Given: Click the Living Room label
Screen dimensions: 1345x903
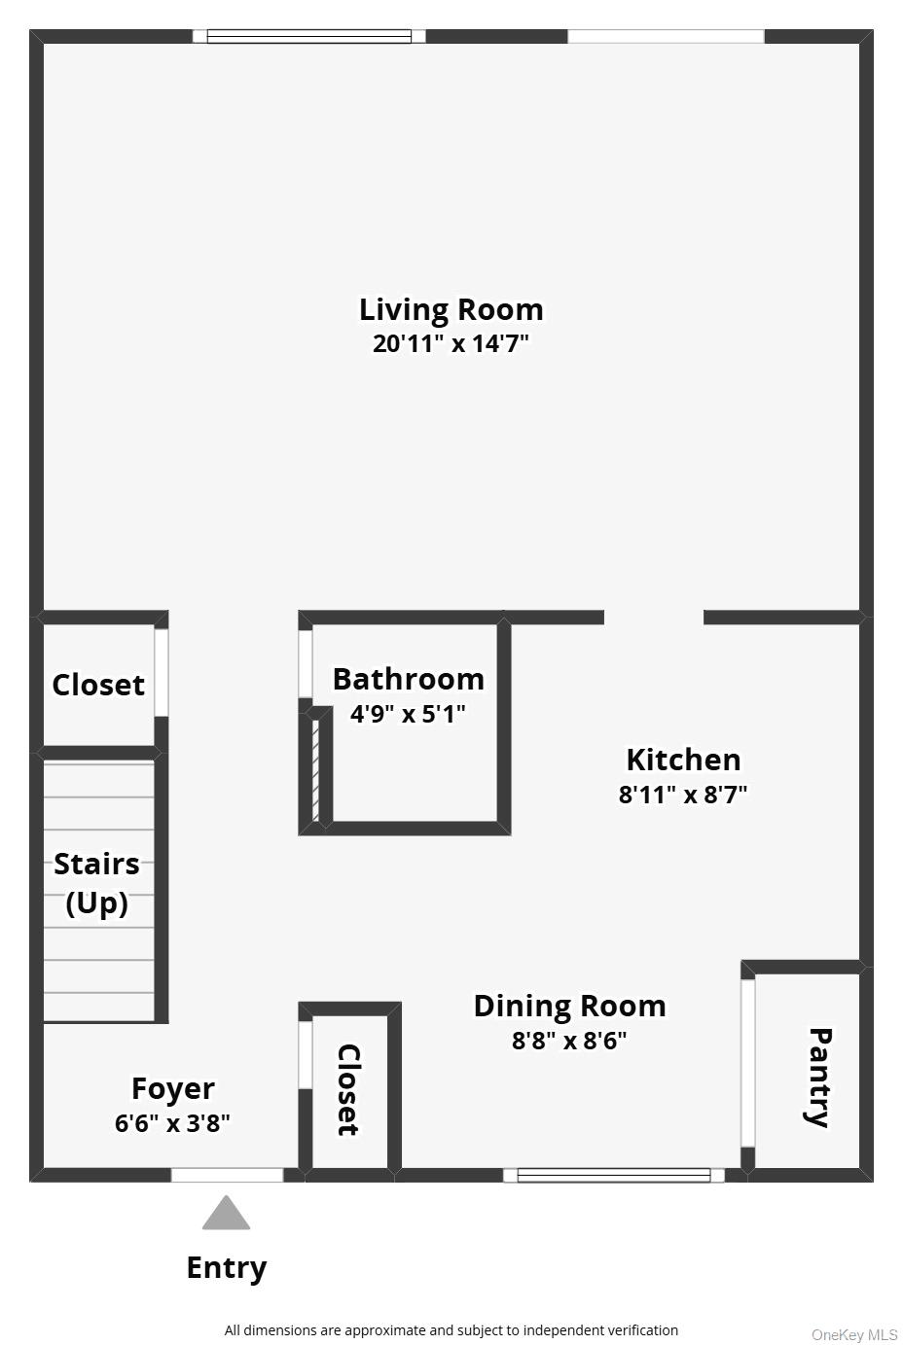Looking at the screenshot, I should [451, 309].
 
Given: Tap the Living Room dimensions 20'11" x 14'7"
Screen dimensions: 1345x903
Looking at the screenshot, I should [451, 343].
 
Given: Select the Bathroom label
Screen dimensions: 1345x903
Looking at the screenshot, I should [408, 679].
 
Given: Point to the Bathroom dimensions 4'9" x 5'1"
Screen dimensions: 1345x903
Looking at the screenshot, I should [408, 714].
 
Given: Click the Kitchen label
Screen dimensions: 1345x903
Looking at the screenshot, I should [683, 760].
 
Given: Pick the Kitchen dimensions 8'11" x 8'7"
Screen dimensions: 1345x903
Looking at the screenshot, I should [683, 795].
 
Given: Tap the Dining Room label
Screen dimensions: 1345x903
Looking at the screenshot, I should [569, 1006].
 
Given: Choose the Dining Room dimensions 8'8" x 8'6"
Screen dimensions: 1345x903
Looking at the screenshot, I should [569, 1041].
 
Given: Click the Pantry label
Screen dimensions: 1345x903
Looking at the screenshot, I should [819, 1077].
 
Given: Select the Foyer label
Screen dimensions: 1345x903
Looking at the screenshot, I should [173, 1089].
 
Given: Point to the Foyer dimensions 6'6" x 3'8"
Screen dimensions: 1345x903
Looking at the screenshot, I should [173, 1123].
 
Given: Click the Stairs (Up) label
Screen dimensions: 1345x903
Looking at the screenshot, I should [96, 883].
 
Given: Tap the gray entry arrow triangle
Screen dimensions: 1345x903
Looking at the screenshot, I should [227, 1215].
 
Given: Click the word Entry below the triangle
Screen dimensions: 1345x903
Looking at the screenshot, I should [227, 1268].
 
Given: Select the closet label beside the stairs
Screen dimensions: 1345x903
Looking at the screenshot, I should [98, 685].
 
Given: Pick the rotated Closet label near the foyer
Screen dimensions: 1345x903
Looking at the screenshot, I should [348, 1089].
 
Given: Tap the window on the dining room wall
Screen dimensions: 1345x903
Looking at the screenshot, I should [614, 1175].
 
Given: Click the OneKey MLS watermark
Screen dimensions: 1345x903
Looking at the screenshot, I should [854, 1334].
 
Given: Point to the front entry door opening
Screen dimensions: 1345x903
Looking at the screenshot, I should [228, 1175].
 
